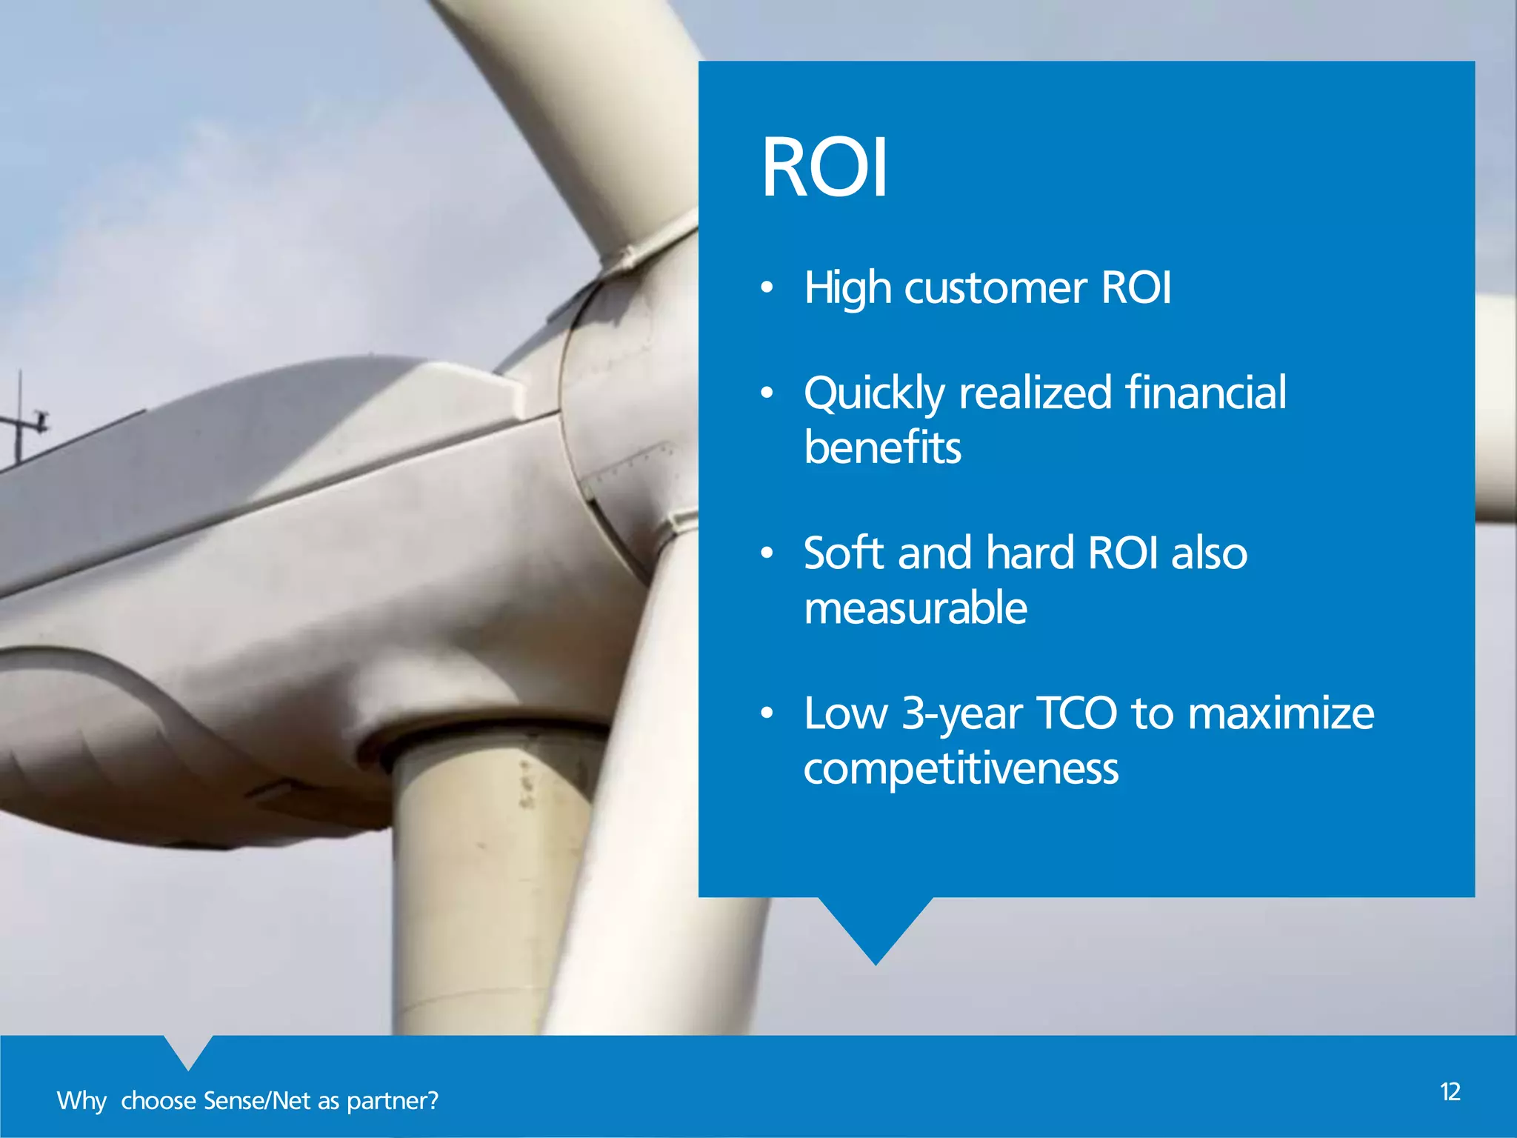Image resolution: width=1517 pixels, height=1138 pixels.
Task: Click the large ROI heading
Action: [824, 168]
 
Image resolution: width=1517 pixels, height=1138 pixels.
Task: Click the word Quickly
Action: [874, 393]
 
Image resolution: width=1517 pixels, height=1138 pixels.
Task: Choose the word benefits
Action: [882, 447]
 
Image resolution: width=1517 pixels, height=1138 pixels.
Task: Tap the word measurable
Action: [916, 608]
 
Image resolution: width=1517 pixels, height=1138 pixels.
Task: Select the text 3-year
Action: [962, 714]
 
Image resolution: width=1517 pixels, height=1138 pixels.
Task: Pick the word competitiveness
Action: [961, 769]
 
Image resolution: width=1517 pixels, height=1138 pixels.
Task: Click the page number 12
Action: [1450, 1092]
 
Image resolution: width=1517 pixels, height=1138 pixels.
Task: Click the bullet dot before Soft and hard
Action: [767, 553]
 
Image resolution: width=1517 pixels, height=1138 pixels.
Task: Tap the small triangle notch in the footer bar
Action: [188, 1051]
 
